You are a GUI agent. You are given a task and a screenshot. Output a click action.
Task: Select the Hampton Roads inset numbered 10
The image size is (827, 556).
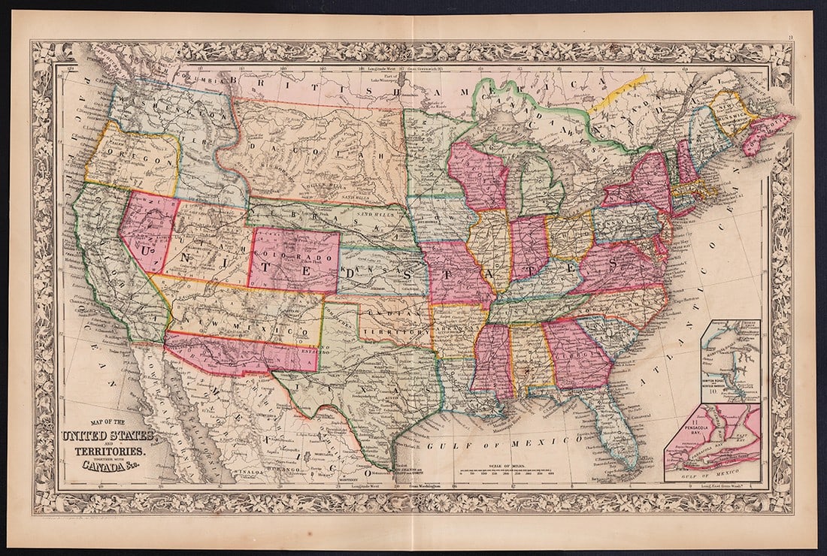[x=730, y=361]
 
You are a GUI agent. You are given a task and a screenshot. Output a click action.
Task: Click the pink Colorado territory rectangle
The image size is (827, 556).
[x=293, y=260]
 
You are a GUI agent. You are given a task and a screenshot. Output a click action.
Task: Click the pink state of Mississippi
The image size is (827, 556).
[x=492, y=361]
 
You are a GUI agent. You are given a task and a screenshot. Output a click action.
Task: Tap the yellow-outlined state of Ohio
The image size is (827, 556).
[x=571, y=237]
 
